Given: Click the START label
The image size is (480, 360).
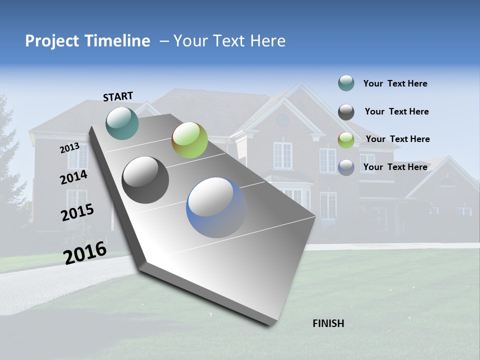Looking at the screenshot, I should (x=118, y=96).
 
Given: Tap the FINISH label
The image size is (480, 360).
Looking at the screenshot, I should (x=328, y=323).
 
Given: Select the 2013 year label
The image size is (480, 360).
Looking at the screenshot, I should (x=70, y=148).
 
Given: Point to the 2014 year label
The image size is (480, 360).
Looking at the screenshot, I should (x=74, y=177).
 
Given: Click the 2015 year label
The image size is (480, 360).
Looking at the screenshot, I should (x=77, y=212).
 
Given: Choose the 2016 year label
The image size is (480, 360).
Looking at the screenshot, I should (x=85, y=252).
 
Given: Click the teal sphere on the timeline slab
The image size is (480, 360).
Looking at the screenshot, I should (x=122, y=123).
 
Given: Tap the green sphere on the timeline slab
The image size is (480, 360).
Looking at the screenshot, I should (x=189, y=140).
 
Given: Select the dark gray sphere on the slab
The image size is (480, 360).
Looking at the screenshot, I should (x=145, y=180).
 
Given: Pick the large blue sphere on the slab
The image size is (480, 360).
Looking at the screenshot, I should (x=216, y=207).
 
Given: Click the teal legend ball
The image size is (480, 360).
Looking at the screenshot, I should (x=346, y=83).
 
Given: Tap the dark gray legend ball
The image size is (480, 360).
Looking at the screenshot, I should (x=346, y=112).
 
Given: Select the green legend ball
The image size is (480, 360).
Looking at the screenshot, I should (x=346, y=140).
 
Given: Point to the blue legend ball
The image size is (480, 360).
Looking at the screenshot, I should (x=346, y=167).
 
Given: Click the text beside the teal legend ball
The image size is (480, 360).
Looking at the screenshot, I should (x=395, y=83).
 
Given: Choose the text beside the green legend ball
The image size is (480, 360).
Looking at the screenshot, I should (x=397, y=139).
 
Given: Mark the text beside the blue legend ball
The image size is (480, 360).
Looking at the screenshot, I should (x=395, y=167).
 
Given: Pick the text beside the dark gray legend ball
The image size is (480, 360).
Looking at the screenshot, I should (x=396, y=111).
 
